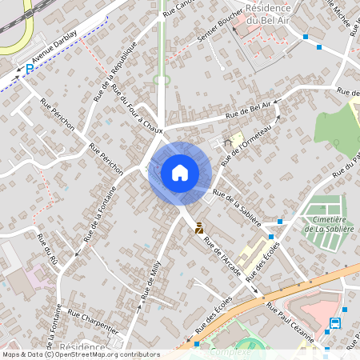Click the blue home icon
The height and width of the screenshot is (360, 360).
tap(180, 173)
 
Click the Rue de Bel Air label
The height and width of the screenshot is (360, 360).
tap(254, 108)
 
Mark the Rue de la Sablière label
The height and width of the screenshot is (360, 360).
tap(242, 199)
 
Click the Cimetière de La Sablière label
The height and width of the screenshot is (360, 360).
tap(324, 223)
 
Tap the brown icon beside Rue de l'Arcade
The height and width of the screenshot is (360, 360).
tap(199, 228)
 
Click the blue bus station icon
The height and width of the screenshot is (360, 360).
tap(334, 324)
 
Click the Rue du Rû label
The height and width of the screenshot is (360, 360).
tap(47, 250)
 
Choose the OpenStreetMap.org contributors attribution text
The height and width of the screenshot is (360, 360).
tap(106, 354)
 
